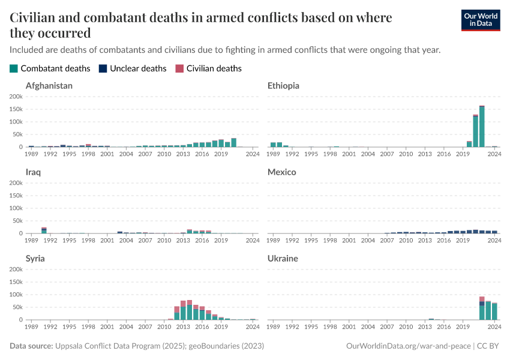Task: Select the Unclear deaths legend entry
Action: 132,68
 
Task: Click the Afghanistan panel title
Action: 49,86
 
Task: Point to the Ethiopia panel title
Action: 283,86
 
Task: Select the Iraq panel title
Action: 34,172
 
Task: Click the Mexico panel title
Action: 282,172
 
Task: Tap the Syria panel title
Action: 35,259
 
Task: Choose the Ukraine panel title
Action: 283,259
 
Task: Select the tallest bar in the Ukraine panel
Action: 482,308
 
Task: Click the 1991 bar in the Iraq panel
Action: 44,230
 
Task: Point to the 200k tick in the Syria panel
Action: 16,269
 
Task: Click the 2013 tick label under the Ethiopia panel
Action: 425,154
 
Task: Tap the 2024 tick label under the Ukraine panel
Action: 494,327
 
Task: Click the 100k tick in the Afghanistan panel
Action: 16,122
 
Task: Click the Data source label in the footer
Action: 31,346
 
